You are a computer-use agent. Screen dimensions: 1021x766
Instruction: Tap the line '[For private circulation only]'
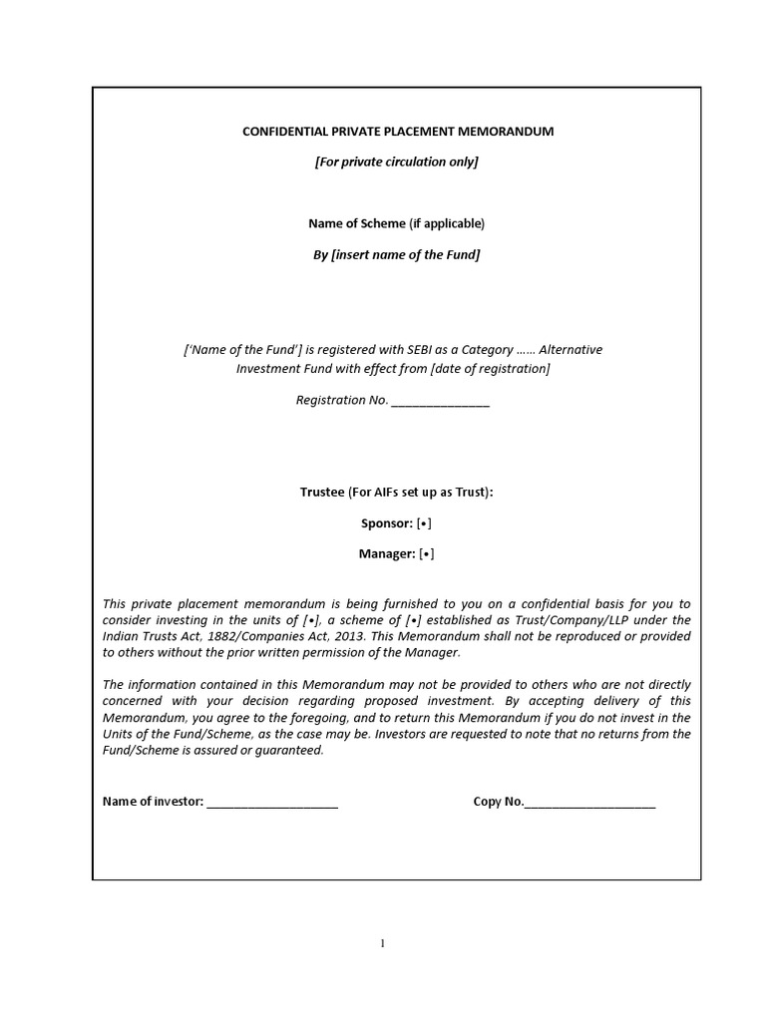click(x=397, y=162)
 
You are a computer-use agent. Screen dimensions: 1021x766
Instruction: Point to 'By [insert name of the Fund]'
click(x=397, y=254)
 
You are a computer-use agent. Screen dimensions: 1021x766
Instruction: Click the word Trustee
click(x=322, y=492)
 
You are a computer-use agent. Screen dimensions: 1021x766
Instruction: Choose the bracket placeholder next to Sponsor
click(x=426, y=523)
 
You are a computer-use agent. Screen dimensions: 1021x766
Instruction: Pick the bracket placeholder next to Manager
click(x=427, y=554)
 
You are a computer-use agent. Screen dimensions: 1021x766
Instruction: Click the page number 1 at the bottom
click(x=382, y=943)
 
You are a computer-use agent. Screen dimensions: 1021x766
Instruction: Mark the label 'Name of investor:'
click(x=154, y=802)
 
